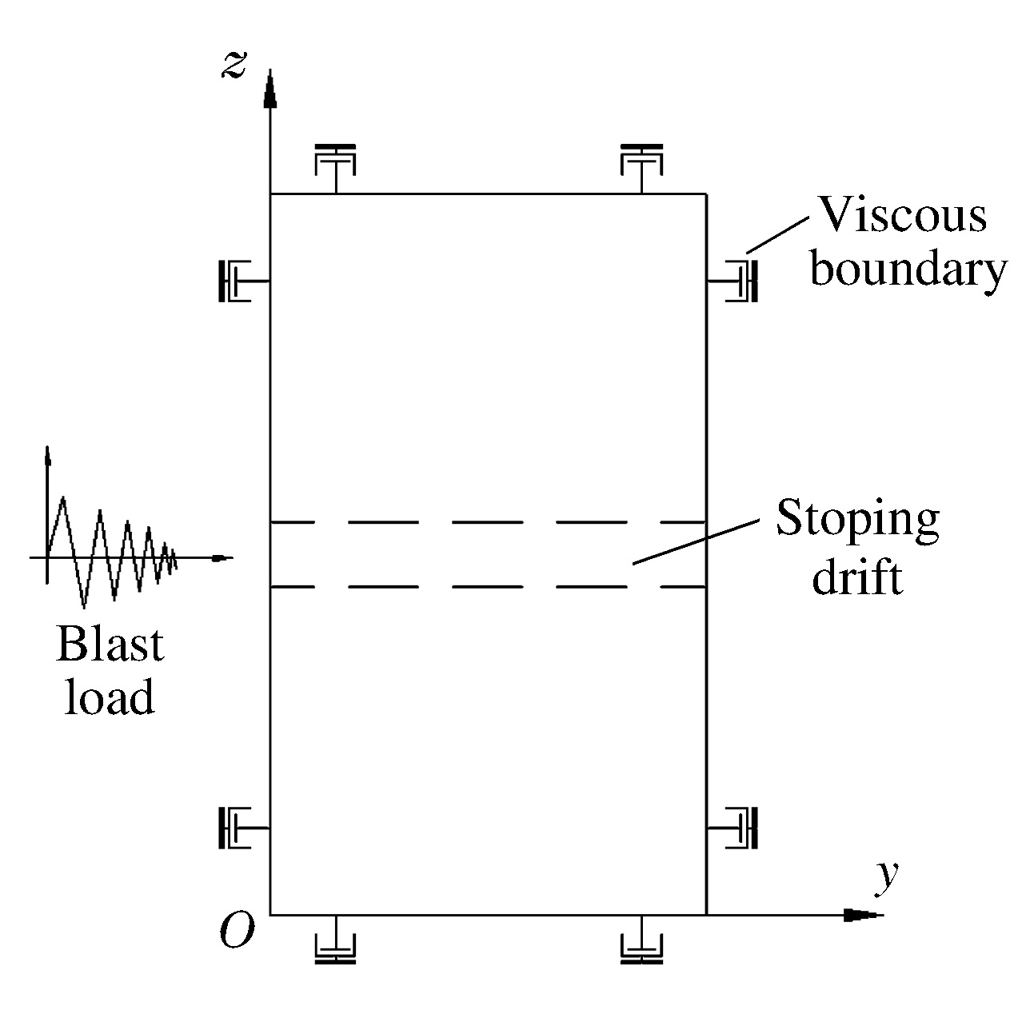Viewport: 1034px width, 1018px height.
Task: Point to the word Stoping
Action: tap(857, 520)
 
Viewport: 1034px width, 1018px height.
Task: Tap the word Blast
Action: tap(110, 645)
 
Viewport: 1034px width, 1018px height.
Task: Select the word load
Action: tap(109, 697)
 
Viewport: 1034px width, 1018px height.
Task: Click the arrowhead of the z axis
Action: tap(270, 88)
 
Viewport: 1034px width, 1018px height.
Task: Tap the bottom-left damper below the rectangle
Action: tap(335, 947)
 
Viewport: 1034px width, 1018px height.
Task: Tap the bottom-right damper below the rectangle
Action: tap(641, 947)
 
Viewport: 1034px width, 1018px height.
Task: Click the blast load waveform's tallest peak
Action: tap(62, 499)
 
